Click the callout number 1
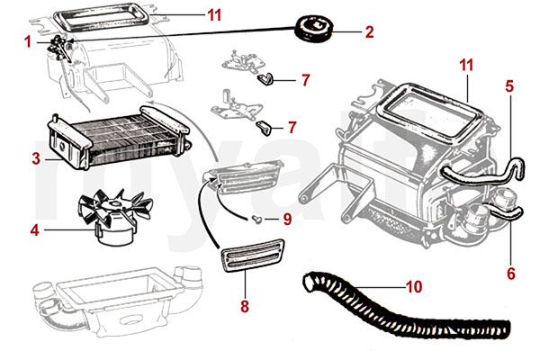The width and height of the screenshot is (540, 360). pos(28,41)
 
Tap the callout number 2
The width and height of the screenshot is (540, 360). pos(368,32)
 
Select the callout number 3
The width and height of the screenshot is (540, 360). pos(35,159)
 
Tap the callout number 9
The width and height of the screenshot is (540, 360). pos(287,218)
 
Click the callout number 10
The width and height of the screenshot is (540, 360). pos(413,288)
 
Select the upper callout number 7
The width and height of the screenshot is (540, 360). pos(305,81)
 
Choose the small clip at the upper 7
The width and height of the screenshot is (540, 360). pos(265,80)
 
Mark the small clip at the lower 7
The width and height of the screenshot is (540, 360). pos(265,126)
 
